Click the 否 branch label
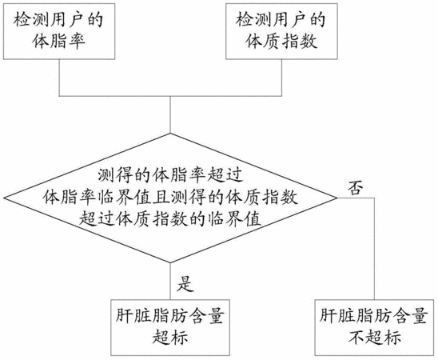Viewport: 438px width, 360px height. coord(356,187)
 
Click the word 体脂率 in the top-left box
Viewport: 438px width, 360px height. coord(58,42)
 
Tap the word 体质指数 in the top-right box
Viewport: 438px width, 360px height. coord(281,42)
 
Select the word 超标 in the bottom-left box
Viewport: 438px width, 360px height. coord(170,337)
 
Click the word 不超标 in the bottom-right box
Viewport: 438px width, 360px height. coord(375,337)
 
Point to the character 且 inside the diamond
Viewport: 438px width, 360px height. coord(162,198)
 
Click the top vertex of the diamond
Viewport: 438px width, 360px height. coord(170,134)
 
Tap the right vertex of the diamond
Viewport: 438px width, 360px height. coord(337,198)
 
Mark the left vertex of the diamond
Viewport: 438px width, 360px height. coord(4,198)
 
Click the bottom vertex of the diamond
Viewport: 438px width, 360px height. coord(170,262)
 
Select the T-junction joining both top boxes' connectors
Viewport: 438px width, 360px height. coord(170,96)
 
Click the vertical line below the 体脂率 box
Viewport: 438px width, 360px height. coord(59,78)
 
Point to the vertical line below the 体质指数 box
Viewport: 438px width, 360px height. coord(281,78)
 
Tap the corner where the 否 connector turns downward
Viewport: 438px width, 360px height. coord(374,198)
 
